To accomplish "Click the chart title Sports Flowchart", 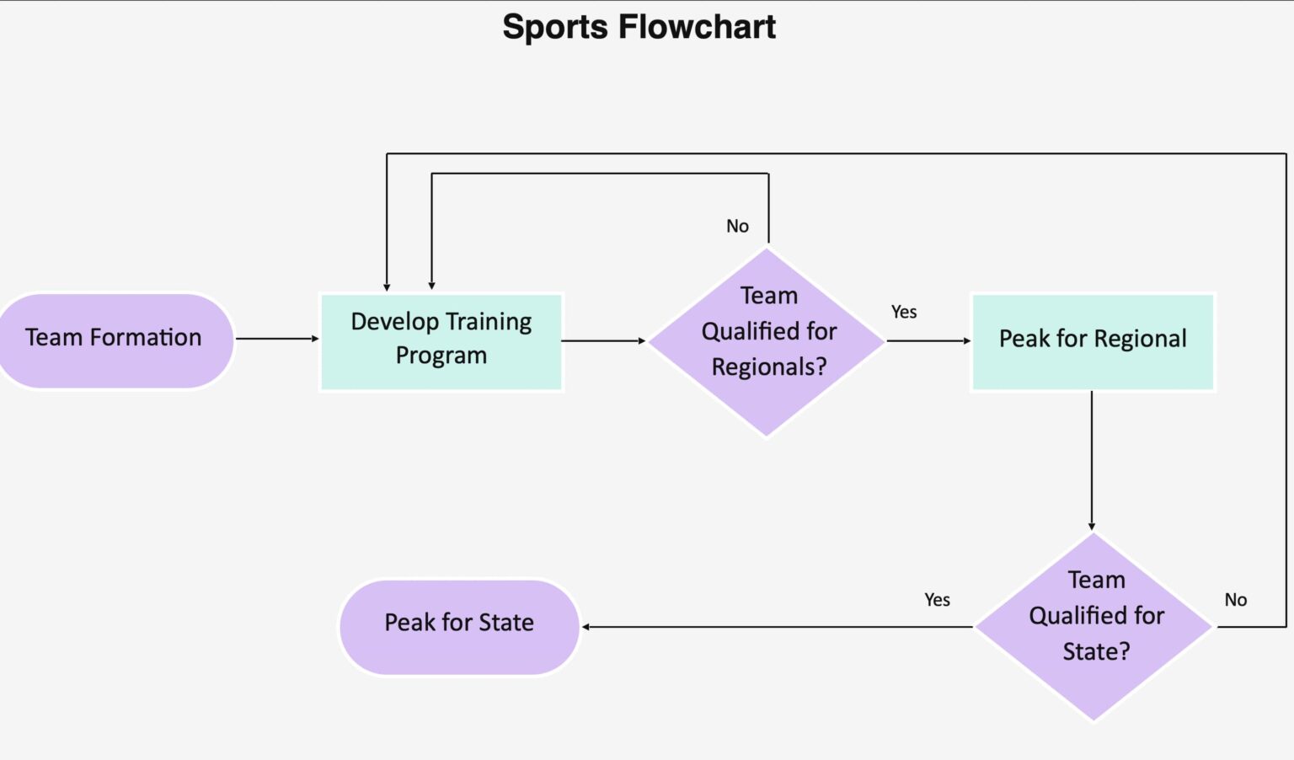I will [x=639, y=27].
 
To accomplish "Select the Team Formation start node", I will [x=115, y=339].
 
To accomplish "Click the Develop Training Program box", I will [x=441, y=340].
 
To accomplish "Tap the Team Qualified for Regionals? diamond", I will [x=767, y=340].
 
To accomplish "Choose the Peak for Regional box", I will [x=1092, y=340].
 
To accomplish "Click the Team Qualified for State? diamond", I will [x=1094, y=626].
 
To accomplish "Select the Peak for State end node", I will [x=459, y=624].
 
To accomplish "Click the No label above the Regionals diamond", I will [x=737, y=226].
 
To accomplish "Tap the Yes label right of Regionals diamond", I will [x=904, y=312].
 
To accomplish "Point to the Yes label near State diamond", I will [x=937, y=600].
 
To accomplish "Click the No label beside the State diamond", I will [x=1235, y=600].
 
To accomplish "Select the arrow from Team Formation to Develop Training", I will [x=276, y=339].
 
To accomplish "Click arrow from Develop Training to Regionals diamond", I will [x=603, y=341].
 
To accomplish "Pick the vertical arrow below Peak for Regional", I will [x=1092, y=460].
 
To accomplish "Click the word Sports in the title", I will [x=555, y=27].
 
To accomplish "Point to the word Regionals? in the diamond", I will [x=769, y=367].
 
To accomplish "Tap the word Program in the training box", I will [x=441, y=356].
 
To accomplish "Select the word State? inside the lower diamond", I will [x=1096, y=651].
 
